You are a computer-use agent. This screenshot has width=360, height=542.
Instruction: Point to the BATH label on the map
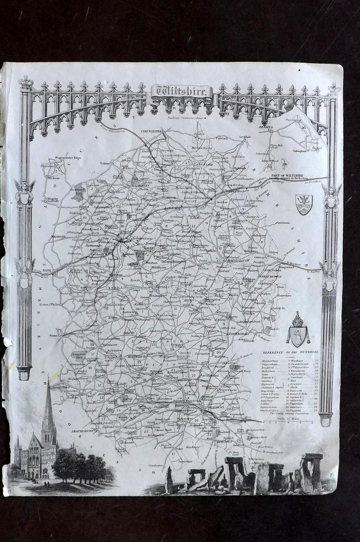(x=46, y=270)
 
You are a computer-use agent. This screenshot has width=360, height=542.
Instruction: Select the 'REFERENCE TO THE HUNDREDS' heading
(x=290, y=352)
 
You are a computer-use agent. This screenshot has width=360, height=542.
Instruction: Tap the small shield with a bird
(x=303, y=204)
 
